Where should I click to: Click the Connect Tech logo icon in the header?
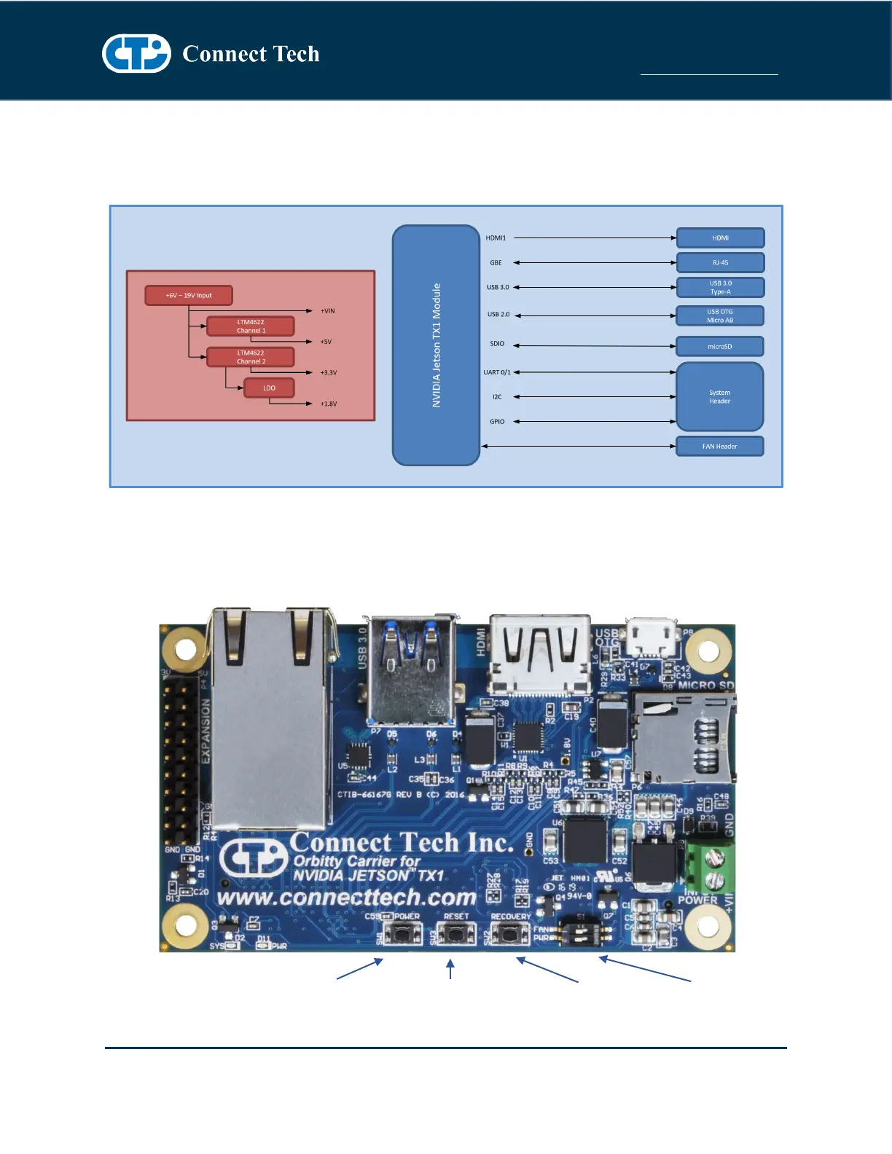(136, 53)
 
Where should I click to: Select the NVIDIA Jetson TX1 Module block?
(436, 345)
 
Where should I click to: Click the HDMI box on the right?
(720, 238)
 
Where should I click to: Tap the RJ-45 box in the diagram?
(720, 262)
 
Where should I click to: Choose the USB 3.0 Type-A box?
(720, 287)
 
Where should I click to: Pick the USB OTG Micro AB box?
(720, 315)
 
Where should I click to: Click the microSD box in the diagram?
(720, 346)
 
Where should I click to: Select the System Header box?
(720, 396)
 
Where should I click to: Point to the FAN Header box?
(720, 446)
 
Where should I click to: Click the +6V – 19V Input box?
(189, 295)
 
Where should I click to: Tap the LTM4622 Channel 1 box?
(251, 326)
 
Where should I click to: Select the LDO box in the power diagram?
(269, 388)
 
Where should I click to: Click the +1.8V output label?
(329, 404)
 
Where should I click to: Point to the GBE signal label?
(496, 262)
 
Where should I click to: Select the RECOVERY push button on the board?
(510, 933)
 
